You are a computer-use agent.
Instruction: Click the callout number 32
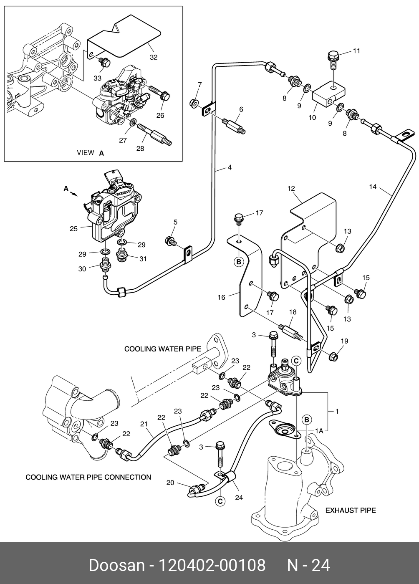pos(154,57)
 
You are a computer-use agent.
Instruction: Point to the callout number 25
pos(73,228)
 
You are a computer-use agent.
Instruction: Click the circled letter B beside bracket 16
pos(239,262)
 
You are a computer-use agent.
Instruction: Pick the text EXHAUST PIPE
pos(351,510)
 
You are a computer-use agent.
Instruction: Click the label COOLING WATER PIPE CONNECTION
pos(88,477)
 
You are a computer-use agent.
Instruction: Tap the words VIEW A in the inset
pos(90,153)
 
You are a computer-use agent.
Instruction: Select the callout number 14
pos(373,187)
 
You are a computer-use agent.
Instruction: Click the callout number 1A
pos(319,430)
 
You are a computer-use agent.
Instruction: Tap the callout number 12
pos(291,188)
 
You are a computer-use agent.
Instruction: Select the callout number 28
pos(140,148)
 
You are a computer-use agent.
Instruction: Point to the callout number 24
pos(239,497)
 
